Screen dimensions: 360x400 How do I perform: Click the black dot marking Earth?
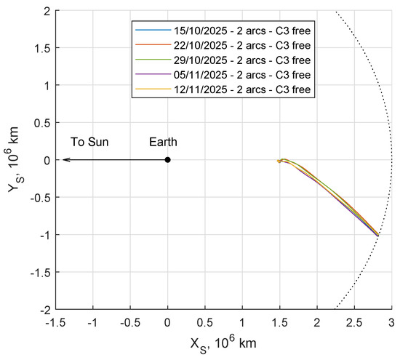click(x=168, y=160)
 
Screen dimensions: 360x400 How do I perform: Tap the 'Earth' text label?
click(x=163, y=142)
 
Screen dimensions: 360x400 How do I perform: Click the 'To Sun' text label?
click(x=89, y=142)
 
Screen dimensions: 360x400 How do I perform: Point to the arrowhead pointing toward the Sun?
click(x=65, y=160)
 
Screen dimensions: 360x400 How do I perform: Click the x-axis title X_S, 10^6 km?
click(x=223, y=342)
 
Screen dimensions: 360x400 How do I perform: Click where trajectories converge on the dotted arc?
click(x=378, y=235)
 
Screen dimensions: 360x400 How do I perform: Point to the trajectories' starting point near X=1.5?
click(x=279, y=161)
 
